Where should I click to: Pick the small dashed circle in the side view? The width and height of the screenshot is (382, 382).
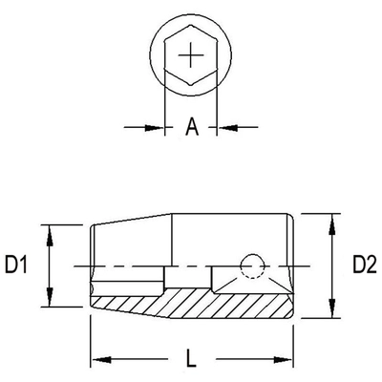click(x=252, y=265)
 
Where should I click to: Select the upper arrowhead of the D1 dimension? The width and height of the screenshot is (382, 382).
click(x=43, y=229)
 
